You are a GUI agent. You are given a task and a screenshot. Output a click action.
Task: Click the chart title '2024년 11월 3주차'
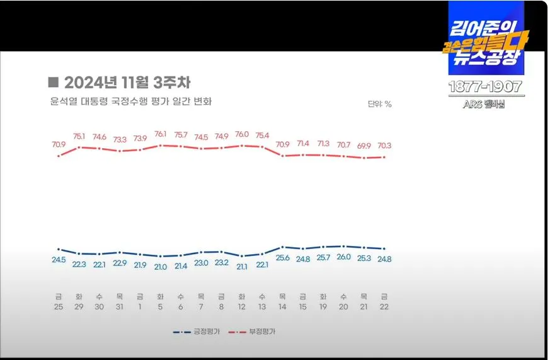[119, 83]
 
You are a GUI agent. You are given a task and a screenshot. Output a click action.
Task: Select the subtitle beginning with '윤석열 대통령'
[130, 102]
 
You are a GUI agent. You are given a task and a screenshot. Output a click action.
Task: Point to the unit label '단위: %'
[379, 104]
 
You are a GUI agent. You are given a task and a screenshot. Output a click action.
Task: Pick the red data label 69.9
[364, 146]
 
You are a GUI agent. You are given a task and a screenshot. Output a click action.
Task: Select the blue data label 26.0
[343, 257]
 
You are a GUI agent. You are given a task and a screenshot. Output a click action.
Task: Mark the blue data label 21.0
[161, 267]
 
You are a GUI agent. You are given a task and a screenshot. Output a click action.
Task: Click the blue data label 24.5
[59, 259]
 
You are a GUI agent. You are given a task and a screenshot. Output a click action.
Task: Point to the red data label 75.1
[79, 136]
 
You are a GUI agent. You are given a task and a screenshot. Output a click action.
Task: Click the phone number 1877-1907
[484, 87]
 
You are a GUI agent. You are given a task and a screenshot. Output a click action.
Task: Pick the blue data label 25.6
[282, 258]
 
